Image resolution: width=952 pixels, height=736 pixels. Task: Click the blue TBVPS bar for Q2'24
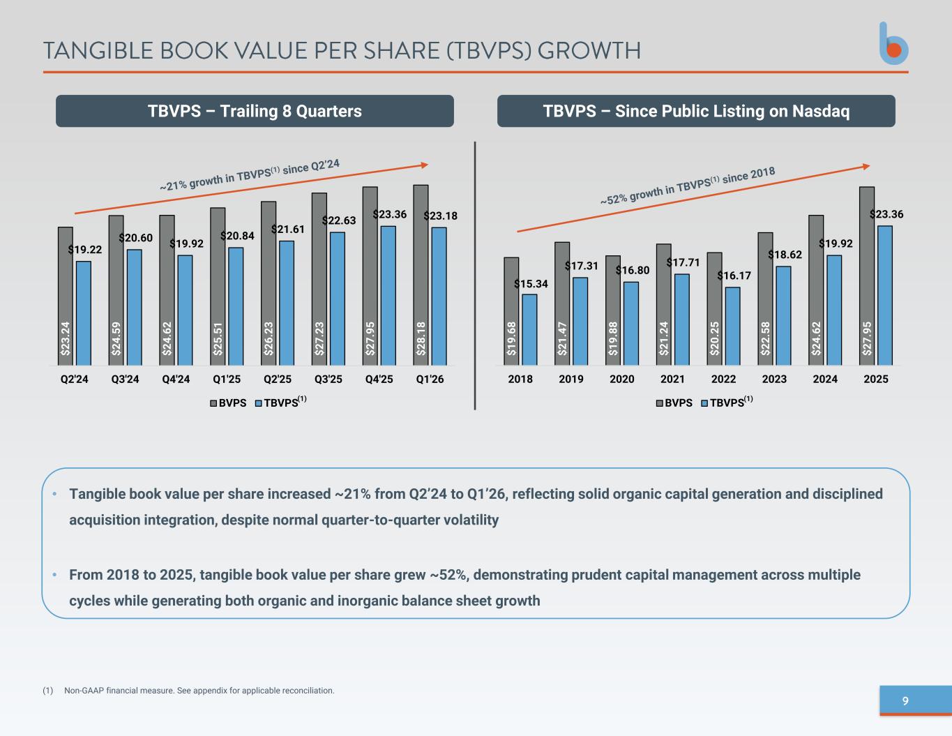tap(84, 313)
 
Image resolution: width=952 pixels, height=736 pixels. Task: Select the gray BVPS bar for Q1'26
tap(421, 275)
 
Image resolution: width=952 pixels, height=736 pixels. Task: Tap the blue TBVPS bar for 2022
tap(732, 326)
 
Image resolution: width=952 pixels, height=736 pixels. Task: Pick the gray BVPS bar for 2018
tap(511, 311)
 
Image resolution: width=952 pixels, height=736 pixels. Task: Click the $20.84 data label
tap(237, 236)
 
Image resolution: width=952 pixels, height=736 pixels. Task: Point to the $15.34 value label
tap(531, 284)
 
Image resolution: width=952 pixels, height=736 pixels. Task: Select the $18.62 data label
tap(785, 255)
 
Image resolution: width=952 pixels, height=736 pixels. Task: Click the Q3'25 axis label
tap(328, 379)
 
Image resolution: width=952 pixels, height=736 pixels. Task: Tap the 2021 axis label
tap(672, 379)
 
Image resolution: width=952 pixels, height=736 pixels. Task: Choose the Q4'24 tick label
tap(176, 379)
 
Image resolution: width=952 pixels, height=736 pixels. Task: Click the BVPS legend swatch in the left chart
tap(213, 403)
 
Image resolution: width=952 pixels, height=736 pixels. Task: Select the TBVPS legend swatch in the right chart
tap(704, 403)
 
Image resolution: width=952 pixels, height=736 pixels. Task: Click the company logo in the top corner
tap(893, 43)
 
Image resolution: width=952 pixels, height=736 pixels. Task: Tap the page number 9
tap(905, 701)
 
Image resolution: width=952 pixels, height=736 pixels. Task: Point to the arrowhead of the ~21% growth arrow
tap(425, 165)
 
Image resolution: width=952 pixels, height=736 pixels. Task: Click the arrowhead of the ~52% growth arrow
tap(866, 167)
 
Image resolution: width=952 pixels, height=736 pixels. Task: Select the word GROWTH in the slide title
tap(589, 51)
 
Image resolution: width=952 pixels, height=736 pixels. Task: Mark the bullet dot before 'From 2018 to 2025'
tap(54, 574)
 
